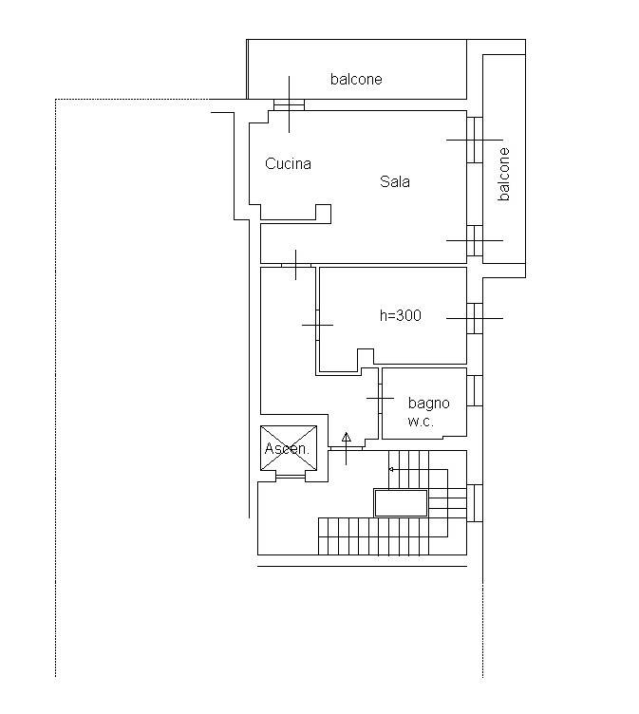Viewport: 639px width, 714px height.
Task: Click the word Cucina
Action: (288, 163)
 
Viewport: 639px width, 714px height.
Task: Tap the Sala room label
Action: (394, 181)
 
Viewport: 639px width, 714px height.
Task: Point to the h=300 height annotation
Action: (401, 315)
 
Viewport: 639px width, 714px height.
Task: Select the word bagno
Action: (428, 404)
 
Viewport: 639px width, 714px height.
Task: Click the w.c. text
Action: (421, 422)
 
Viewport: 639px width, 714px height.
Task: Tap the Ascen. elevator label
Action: (287, 448)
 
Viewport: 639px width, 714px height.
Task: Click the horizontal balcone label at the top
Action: (356, 79)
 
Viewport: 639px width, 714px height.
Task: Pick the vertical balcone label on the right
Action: (503, 174)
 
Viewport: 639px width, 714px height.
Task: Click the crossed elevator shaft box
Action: (289, 448)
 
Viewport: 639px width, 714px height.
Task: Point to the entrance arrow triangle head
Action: (347, 437)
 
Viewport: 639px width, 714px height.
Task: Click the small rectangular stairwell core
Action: (401, 503)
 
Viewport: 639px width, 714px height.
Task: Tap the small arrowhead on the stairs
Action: (391, 469)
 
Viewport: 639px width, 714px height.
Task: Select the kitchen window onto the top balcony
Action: (289, 104)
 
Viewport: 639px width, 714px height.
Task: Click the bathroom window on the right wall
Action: (475, 390)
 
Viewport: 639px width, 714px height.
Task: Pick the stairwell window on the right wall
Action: (475, 503)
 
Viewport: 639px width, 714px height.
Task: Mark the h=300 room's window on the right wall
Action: (475, 318)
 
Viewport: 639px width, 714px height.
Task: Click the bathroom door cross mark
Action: (380, 399)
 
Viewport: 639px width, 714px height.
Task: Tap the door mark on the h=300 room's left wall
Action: (317, 325)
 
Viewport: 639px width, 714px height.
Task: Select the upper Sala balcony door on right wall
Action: (475, 140)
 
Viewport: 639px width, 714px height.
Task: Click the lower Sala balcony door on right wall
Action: (475, 240)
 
